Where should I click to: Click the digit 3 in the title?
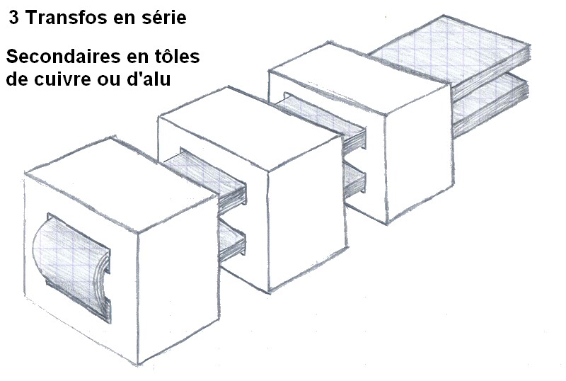click(13, 18)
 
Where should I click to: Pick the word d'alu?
click(149, 79)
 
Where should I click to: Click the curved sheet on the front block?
click(72, 268)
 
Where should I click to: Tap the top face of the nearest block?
click(121, 184)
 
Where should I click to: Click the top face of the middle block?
click(249, 128)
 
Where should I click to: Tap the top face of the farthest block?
click(359, 78)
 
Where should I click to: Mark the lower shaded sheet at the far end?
click(491, 105)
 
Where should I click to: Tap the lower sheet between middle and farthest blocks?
click(354, 179)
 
